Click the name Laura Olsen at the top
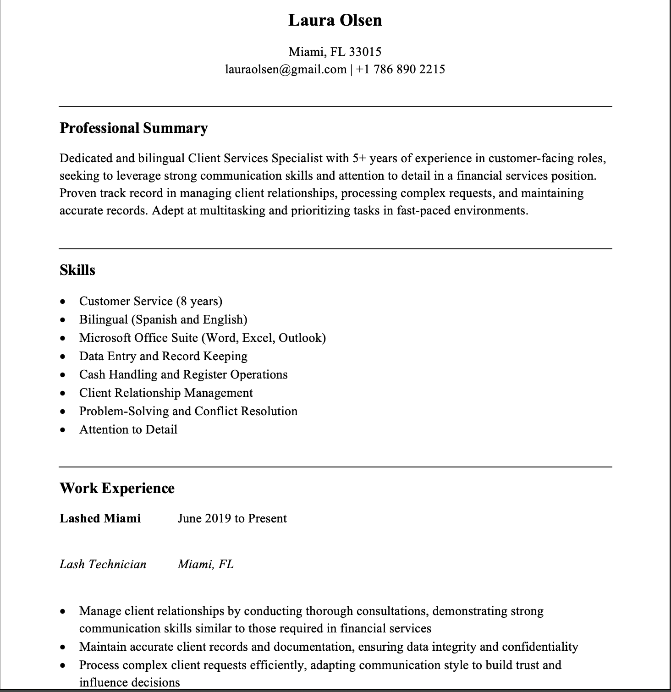point(335,20)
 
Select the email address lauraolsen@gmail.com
point(286,69)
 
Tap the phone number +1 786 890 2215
point(400,69)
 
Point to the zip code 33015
point(365,52)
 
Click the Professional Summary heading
point(133,128)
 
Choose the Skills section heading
point(77,270)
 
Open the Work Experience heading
point(117,488)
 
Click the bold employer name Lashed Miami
point(100,518)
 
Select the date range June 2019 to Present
point(232,518)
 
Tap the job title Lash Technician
point(103,564)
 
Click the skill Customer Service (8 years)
point(150,301)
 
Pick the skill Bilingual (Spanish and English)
point(163,319)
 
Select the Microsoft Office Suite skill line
point(202,338)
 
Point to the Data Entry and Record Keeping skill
point(163,356)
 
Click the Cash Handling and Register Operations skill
point(183,374)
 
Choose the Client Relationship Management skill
point(165,393)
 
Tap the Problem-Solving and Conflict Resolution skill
point(188,411)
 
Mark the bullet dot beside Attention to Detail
point(63,430)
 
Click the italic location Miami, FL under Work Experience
point(205,564)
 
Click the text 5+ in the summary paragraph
point(359,159)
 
